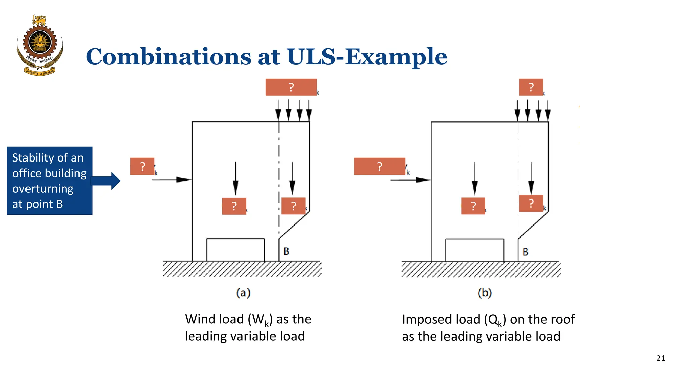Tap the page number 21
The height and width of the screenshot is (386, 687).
coord(660,358)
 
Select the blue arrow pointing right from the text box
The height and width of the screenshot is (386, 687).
coord(106,181)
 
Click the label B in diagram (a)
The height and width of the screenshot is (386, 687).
coord(286,251)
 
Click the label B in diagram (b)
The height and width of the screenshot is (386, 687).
coord(525,252)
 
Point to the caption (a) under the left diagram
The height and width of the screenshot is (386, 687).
coord(243,293)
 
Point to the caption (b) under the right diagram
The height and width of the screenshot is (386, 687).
coord(484,293)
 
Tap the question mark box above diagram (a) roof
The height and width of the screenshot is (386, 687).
coord(291,87)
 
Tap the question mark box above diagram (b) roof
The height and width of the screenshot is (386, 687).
coord(531,87)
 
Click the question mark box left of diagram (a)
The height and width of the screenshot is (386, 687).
coord(142,166)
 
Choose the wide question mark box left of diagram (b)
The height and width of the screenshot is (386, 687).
coord(379,166)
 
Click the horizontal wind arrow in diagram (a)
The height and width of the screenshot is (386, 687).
coord(171,180)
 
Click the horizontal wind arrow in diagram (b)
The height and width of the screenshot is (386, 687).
coord(410,180)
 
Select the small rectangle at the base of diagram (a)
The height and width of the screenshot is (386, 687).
coord(235,250)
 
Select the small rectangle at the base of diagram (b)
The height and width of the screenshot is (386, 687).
coord(474,250)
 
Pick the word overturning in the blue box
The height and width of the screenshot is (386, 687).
coord(43,189)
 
